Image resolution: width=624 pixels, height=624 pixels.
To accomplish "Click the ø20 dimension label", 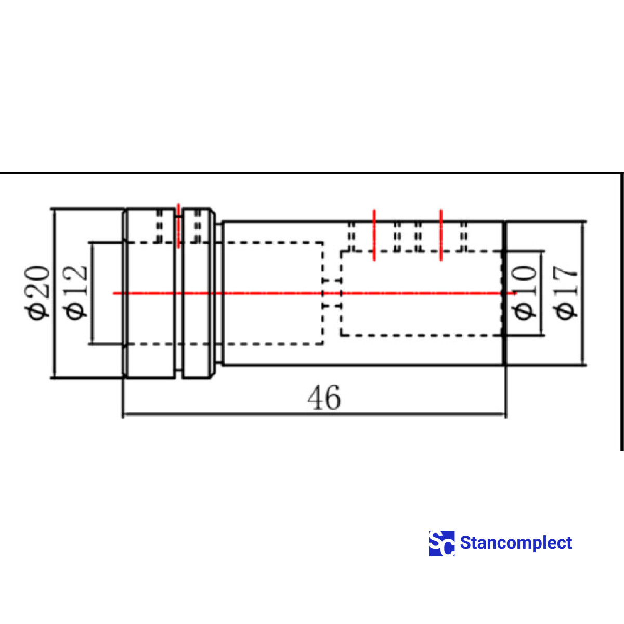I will (38, 293).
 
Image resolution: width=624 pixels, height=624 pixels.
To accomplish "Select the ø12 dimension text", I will (75, 292).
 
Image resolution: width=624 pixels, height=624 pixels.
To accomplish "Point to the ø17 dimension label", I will (566, 293).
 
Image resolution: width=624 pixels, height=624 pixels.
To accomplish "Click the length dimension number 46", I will (324, 398).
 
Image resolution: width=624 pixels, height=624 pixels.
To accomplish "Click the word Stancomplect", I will (516, 543).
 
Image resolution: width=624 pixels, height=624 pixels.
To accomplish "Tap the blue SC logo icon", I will (441, 543).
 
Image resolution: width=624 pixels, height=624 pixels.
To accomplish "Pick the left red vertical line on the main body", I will (374, 235).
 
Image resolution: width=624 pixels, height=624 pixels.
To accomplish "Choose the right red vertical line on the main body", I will (441, 235).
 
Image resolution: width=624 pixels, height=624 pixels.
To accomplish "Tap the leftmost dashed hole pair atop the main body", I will (352, 237).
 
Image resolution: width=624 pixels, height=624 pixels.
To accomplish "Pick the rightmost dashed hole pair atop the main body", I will (464, 237).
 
